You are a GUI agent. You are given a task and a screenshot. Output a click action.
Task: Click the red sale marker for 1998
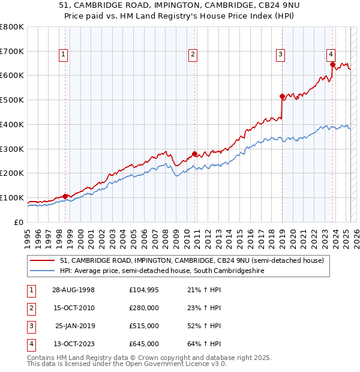65,196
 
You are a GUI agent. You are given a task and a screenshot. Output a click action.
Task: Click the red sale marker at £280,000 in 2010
194,153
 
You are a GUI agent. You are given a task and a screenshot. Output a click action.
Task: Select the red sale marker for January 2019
282,95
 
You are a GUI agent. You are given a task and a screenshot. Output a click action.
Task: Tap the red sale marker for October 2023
332,64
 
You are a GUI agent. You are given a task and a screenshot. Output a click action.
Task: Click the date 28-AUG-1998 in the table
73,290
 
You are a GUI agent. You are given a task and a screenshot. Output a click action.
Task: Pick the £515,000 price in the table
144,326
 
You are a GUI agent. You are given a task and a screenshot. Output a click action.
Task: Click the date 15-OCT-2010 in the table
73,308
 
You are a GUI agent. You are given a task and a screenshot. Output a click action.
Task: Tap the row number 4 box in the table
30,344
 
